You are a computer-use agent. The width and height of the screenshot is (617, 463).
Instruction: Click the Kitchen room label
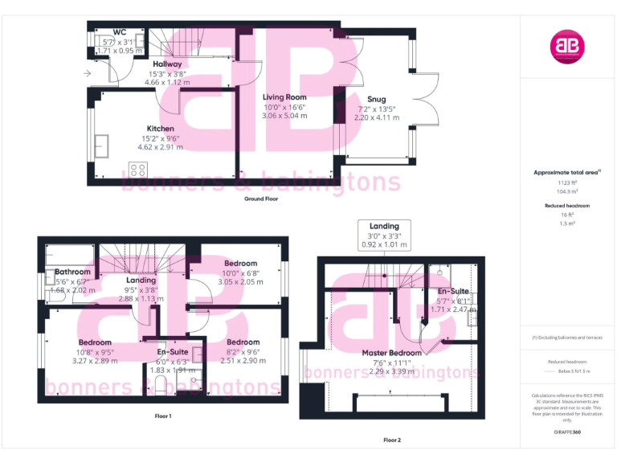pos(160,129)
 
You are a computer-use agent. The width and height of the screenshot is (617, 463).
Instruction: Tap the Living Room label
pos(285,96)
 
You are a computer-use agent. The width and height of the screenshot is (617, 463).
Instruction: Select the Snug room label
pos(377,100)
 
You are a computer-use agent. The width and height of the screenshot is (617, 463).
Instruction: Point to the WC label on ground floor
pos(120,32)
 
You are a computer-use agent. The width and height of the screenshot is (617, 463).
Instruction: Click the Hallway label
pos(167,64)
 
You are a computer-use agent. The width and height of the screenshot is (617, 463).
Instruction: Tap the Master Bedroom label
pos(391,353)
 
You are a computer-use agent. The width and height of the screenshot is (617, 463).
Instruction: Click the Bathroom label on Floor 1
pos(72,272)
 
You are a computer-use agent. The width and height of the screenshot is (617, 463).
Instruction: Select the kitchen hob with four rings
pos(138,170)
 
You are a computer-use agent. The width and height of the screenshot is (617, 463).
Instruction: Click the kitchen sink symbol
pos(102,146)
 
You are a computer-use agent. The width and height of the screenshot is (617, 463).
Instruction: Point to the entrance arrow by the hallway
pos(87,73)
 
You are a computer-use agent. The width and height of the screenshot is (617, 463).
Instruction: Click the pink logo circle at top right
pos(567,47)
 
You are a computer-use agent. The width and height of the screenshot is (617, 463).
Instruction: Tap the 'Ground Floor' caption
pos(261,198)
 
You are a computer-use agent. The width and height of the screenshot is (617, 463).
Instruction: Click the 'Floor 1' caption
pos(163,416)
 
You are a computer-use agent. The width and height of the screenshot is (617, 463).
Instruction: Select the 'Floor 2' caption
pos(391,440)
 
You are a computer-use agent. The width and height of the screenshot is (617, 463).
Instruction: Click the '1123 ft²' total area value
pos(567,182)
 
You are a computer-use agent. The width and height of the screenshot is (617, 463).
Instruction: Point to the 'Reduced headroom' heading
pos(567,206)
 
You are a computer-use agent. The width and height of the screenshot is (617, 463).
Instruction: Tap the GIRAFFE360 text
pos(567,432)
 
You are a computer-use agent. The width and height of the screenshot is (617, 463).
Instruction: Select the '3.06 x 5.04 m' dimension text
pos(285,116)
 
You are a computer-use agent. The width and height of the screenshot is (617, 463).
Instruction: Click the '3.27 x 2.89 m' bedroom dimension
pos(95,361)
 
